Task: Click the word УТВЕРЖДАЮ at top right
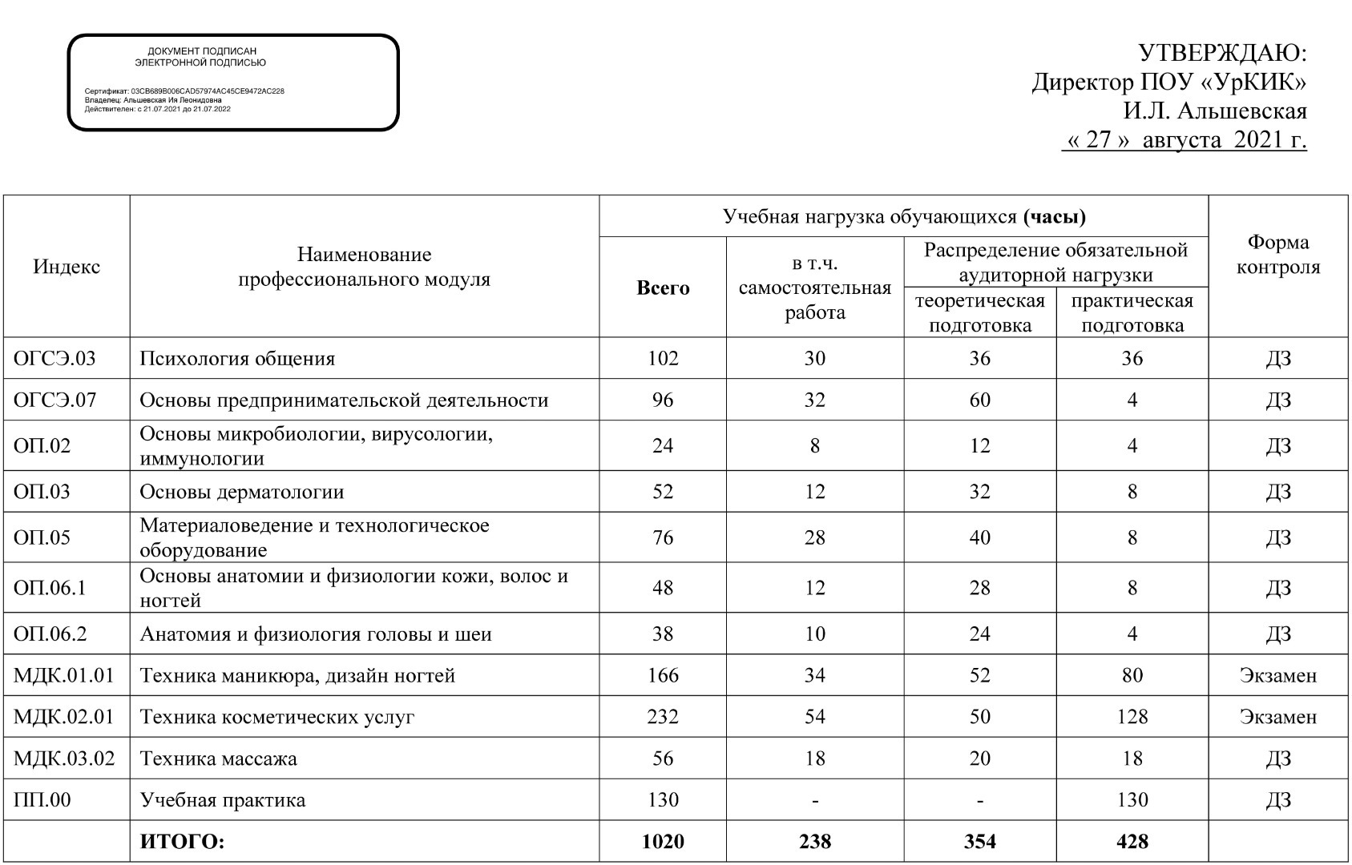(1222, 54)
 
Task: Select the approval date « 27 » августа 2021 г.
(1185, 140)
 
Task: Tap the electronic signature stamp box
(232, 82)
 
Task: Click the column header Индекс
(67, 267)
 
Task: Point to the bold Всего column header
(663, 288)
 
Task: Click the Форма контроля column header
(1277, 255)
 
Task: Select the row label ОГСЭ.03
(54, 358)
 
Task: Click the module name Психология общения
(237, 358)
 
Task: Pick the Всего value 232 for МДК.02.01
(663, 716)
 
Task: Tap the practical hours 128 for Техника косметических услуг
(1132, 716)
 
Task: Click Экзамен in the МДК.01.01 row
(1277, 675)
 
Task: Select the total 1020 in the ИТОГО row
(663, 841)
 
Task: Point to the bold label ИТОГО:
(183, 841)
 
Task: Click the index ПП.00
(42, 799)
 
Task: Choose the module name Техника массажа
(218, 758)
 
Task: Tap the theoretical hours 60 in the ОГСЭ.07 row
(979, 400)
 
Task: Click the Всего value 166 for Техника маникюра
(663, 675)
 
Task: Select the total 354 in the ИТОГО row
(979, 841)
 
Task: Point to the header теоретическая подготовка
(979, 313)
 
